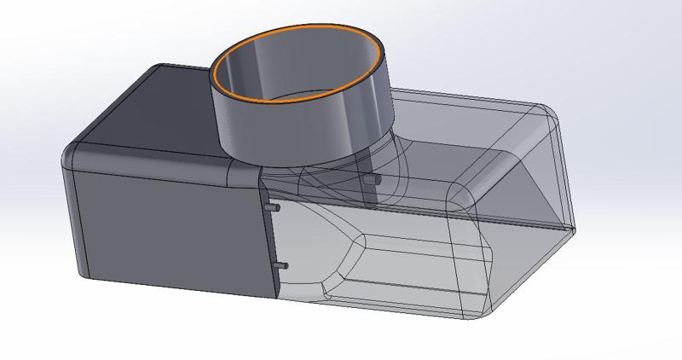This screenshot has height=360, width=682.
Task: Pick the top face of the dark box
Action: (x=145, y=111)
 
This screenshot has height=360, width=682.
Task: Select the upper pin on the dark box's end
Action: (x=272, y=207)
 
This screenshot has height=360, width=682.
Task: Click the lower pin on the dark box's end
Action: (x=284, y=265)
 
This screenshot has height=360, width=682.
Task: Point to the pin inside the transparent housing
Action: (x=370, y=181)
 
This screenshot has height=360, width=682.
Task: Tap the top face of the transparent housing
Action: (x=460, y=128)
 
